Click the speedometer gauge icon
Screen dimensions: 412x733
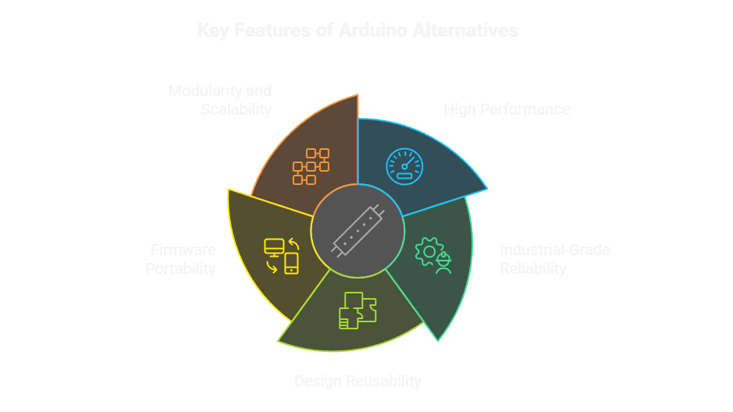404,165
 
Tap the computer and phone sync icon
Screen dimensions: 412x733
282,255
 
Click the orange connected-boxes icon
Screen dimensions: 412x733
311,166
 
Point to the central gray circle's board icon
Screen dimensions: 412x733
358,231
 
